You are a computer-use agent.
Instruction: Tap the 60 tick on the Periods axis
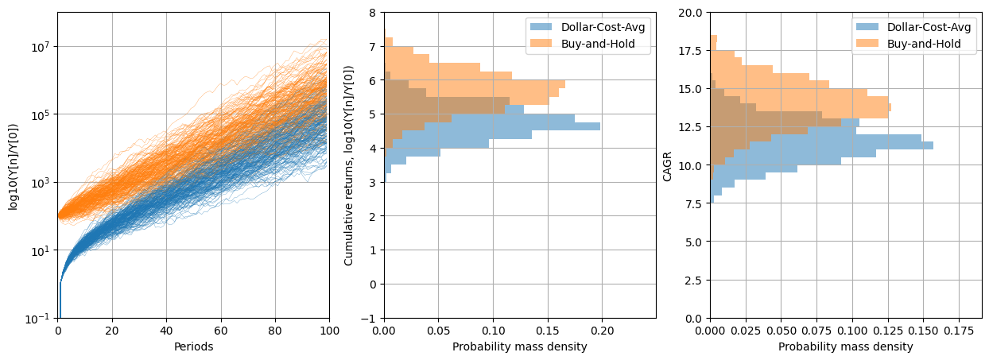tap(221, 331)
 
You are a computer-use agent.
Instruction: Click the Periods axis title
tap(193, 346)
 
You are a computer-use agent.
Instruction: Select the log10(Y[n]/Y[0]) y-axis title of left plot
tap(14, 165)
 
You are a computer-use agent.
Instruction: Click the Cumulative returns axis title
tap(349, 165)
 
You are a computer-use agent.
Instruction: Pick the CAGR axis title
tap(667, 166)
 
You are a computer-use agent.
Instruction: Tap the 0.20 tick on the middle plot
tap(603, 331)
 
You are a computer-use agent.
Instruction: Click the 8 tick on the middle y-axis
tap(373, 13)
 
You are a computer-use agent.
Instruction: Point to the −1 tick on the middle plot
tap(369, 319)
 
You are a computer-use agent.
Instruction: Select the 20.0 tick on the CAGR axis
tap(690, 13)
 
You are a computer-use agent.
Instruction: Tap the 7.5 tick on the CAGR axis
tap(693, 203)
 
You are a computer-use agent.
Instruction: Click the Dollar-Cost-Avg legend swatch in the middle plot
tap(541, 27)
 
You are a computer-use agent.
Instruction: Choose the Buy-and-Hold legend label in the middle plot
tap(598, 44)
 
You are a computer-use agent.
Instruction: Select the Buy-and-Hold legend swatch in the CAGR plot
tap(867, 44)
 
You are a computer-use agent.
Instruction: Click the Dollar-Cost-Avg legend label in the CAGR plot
tap(929, 27)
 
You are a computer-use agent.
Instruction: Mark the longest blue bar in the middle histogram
tap(492, 126)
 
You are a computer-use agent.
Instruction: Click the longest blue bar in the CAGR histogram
tap(822, 145)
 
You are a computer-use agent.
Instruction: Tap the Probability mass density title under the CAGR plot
tap(846, 346)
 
